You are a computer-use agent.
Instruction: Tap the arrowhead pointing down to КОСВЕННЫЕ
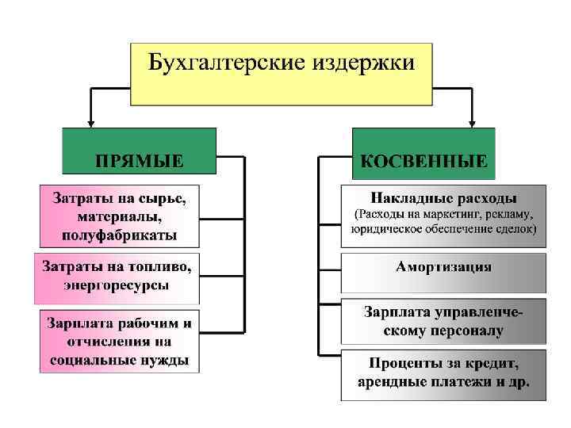pos(473,122)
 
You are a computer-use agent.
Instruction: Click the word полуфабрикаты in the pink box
pos(117,235)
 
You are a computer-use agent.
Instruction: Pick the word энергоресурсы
pos(117,286)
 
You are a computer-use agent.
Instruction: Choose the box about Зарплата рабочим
pos(119,342)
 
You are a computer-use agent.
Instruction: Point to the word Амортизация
pos(444,267)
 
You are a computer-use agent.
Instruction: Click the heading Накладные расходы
pos(444,197)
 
